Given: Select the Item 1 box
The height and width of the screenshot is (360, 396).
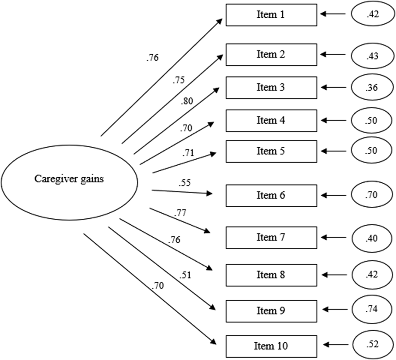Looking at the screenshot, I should [271, 15].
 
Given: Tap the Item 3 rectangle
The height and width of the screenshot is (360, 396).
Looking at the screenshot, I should [271, 87].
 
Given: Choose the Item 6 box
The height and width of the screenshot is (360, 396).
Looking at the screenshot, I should [271, 196].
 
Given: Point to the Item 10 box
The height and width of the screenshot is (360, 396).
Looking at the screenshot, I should [271, 346].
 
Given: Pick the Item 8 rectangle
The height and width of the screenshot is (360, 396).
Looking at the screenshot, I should [271, 275].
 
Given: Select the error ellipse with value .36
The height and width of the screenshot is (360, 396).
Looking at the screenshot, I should [372, 87].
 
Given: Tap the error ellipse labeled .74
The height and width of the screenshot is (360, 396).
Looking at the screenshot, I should [372, 309].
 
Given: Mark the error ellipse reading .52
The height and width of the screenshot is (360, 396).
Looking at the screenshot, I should [372, 344].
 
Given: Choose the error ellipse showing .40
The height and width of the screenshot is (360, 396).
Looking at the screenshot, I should [372, 238].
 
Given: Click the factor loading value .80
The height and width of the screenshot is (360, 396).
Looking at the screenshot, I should [187, 101].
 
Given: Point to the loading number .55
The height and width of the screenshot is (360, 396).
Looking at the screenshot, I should [185, 183].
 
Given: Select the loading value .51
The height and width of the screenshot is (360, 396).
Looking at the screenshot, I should [185, 275].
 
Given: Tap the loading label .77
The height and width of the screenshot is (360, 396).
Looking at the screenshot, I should [180, 213].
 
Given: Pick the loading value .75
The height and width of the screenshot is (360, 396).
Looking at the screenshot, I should [179, 80].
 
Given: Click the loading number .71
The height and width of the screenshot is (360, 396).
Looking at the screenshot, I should [188, 153].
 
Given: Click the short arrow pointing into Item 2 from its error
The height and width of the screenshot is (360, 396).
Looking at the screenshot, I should [333, 55].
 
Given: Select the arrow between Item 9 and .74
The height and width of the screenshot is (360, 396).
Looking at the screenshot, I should [335, 310].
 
